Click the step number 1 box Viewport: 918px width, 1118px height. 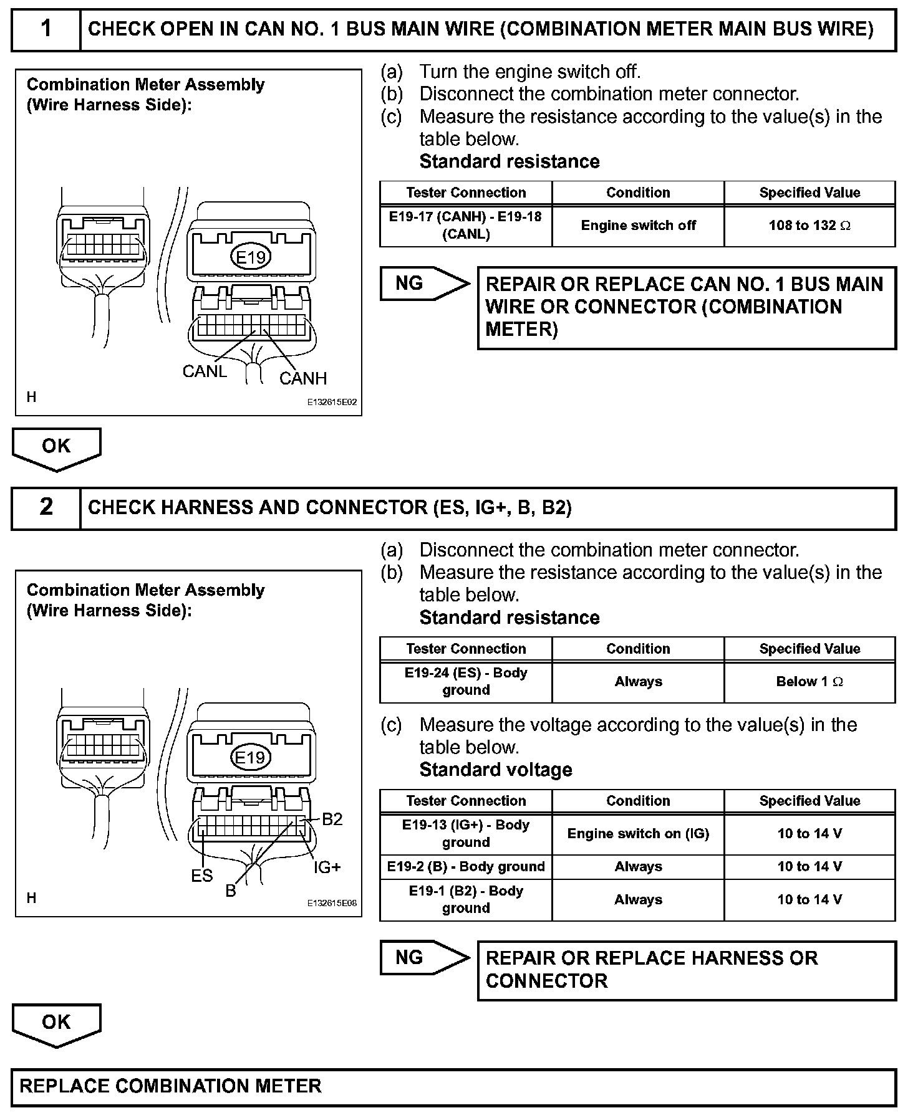click(46, 29)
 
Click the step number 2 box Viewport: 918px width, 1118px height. click(46, 507)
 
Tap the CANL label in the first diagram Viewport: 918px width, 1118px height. click(205, 371)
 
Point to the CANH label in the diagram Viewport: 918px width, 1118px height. click(303, 378)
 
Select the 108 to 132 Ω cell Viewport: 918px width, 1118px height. click(809, 226)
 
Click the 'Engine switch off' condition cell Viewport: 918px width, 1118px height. click(638, 226)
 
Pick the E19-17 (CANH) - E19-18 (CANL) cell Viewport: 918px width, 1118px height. click(466, 226)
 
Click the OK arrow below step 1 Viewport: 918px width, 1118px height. click(56, 447)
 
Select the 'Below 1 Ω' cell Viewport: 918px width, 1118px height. click(809, 682)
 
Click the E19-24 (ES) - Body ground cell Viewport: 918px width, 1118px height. click(466, 682)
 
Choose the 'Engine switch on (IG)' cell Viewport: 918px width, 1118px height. click(638, 834)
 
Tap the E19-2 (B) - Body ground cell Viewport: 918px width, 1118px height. click(466, 867)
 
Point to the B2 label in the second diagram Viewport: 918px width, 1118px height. click(332, 819)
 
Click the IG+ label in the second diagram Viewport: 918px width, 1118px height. click(327, 867)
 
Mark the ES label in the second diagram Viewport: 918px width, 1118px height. click(202, 876)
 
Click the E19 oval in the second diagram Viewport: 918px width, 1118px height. click(250, 758)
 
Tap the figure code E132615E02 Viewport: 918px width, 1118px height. click(332, 403)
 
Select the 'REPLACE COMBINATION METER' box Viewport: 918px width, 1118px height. click(453, 1086)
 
